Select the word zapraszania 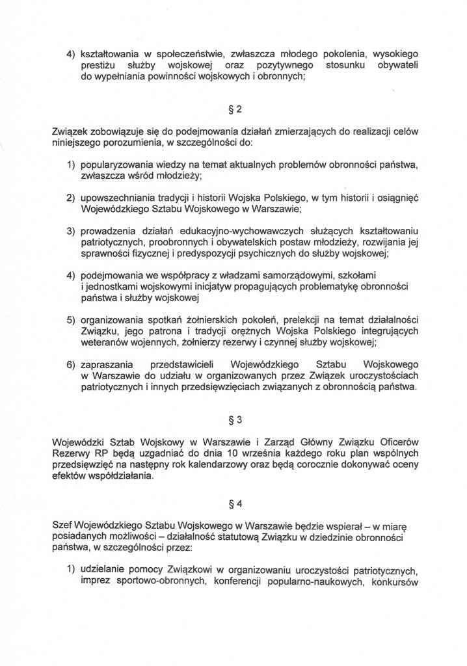107,366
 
